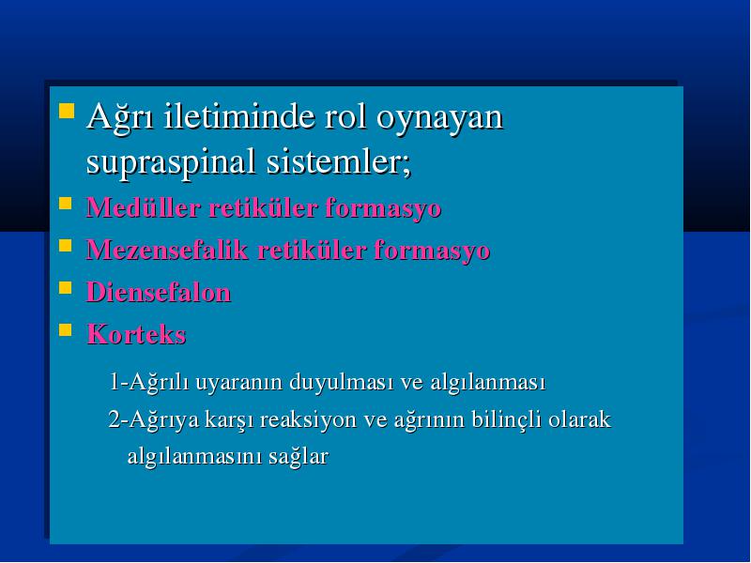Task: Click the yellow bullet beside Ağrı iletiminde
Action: point(67,111)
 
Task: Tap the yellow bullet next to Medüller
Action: point(65,204)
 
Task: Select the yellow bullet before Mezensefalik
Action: point(65,246)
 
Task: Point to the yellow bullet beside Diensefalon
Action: point(65,288)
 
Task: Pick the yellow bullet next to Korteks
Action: point(65,330)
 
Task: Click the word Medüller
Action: point(143,208)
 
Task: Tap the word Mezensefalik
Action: point(167,250)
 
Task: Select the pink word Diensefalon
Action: point(159,292)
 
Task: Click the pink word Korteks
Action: point(136,334)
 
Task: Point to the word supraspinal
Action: point(171,162)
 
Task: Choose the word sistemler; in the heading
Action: point(339,160)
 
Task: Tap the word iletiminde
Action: point(239,115)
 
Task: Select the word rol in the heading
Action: point(345,116)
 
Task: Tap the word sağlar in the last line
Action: point(299,457)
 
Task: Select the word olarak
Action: point(579,418)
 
